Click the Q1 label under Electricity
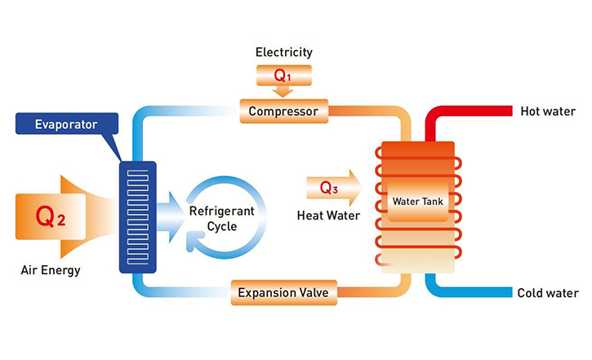(x=283, y=75)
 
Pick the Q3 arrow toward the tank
(x=331, y=188)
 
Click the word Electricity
(x=283, y=53)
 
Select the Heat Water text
(x=323, y=214)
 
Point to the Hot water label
(x=548, y=111)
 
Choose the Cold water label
(x=548, y=293)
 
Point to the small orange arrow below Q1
(x=283, y=91)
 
